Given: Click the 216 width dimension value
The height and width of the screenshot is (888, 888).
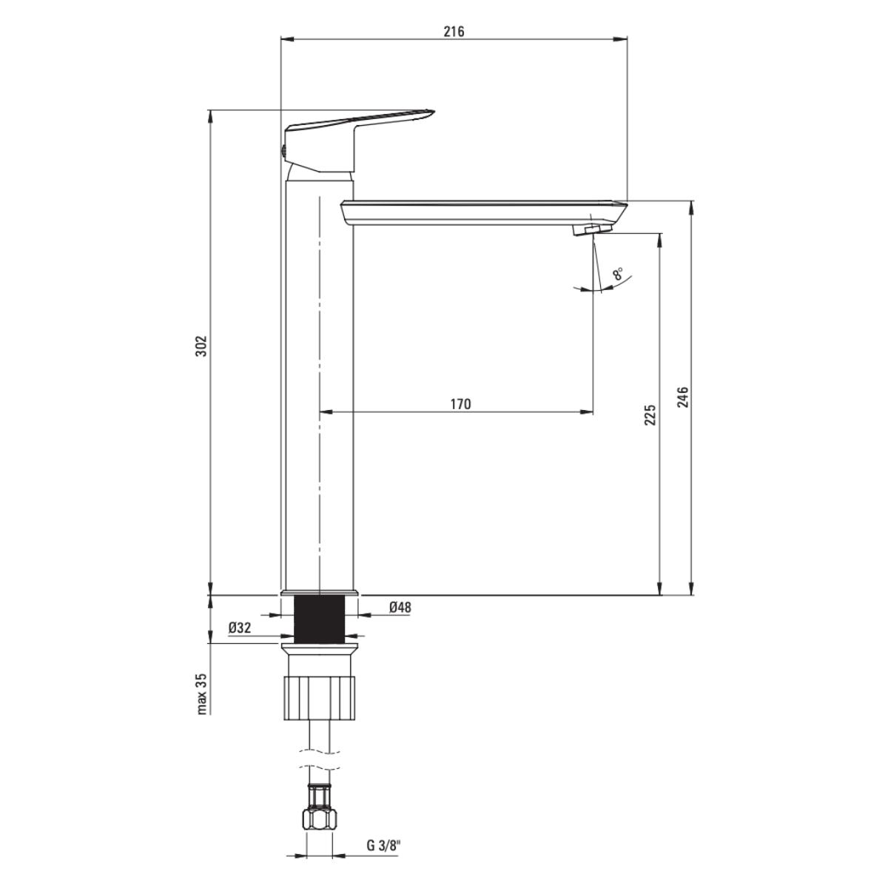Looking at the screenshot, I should tap(454, 32).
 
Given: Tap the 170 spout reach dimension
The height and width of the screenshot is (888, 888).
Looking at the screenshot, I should tap(460, 404).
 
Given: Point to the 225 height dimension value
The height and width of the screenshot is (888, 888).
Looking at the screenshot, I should tap(650, 414).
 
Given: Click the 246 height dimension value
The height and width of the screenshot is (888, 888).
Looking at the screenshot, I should tap(683, 397).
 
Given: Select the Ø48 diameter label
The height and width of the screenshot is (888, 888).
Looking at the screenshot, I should tap(400, 608).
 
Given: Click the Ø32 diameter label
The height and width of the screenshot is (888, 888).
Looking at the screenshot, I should tap(240, 628).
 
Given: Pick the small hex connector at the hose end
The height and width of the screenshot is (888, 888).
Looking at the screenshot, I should tap(320, 818).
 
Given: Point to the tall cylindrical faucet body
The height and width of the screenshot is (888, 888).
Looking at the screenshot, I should tap(320, 385).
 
